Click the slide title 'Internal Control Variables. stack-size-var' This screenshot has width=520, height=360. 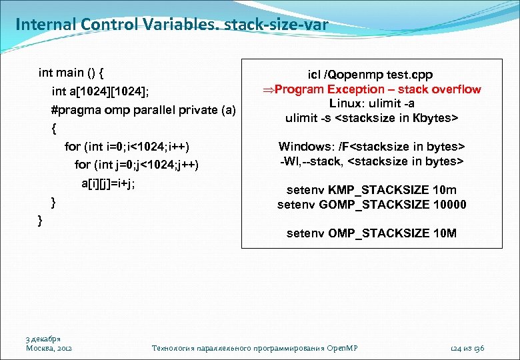tap(171, 25)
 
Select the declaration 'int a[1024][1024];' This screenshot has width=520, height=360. tap(105, 91)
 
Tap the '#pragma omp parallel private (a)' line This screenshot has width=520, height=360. tap(143, 109)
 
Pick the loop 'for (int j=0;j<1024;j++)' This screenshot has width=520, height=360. tap(137, 164)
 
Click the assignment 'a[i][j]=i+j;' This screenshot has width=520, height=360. tap(108, 183)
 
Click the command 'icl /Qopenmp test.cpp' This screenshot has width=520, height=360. tap(370, 75)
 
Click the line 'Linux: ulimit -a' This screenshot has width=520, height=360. tap(371, 103)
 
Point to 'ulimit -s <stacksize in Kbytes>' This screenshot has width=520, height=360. tap(371, 118)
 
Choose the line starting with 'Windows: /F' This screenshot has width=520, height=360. tap(371, 146)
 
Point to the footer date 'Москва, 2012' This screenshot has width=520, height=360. tap(49, 348)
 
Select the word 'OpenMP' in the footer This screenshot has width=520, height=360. tap(345, 348)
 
